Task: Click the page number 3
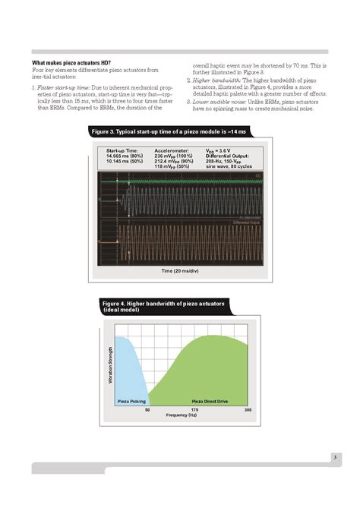pyautogui.click(x=335, y=456)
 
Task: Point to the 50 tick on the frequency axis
pyautogui.click(x=147, y=409)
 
